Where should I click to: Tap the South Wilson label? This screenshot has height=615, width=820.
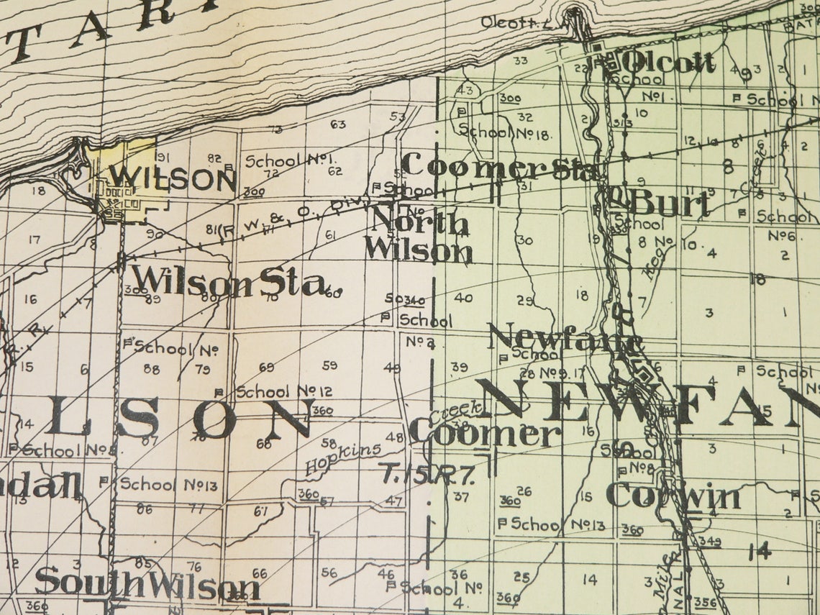click(x=147, y=584)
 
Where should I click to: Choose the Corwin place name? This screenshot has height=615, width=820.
click(x=673, y=496)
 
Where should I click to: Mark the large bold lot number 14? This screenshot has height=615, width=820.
click(x=759, y=551)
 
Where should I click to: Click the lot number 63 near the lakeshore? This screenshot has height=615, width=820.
click(x=338, y=124)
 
